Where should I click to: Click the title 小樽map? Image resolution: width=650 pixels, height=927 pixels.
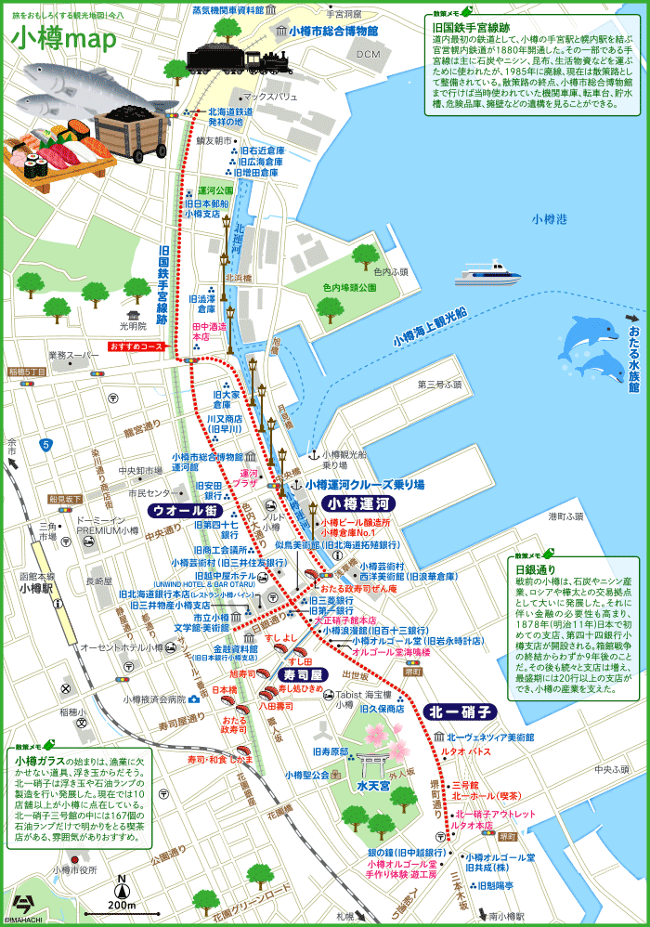pos(65,39)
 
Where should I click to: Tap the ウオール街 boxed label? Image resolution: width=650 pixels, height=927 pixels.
pos(184,511)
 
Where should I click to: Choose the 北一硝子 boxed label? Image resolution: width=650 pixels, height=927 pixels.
pos(459,712)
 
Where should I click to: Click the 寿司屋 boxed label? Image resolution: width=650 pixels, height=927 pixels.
pos(302,673)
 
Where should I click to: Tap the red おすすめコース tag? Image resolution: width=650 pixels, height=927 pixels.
pos(136,346)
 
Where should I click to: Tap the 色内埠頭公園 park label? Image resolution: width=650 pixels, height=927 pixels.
pos(348,288)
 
